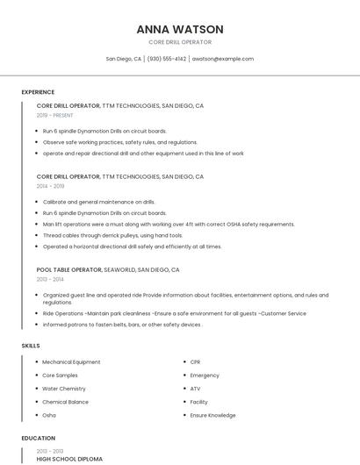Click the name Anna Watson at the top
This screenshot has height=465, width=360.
[x=179, y=29]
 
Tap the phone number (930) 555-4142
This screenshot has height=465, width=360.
[x=167, y=59]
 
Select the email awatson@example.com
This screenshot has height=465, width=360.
[x=223, y=59]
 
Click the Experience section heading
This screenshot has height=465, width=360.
[x=38, y=92]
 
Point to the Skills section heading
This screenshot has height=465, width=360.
[x=30, y=346]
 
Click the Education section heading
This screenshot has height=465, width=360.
[x=38, y=438]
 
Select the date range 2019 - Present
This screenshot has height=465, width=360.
[x=54, y=115]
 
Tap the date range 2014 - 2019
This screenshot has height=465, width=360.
[x=50, y=186]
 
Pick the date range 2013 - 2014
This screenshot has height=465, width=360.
[x=50, y=279]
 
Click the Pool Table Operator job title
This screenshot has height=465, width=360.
[x=69, y=270]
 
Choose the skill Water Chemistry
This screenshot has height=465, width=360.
[x=64, y=389]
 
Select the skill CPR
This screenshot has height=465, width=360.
[x=195, y=361]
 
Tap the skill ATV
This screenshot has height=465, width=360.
[x=195, y=389]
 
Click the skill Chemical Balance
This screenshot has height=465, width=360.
[x=65, y=402]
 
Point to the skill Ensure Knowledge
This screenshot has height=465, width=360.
[x=212, y=415]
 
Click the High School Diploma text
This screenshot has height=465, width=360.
[x=69, y=459]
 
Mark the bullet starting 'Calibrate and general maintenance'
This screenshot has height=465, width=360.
[x=98, y=202]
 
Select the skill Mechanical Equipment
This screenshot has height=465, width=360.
[x=71, y=361]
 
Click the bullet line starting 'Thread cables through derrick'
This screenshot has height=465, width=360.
[x=112, y=235]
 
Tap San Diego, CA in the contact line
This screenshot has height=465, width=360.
[x=124, y=59]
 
